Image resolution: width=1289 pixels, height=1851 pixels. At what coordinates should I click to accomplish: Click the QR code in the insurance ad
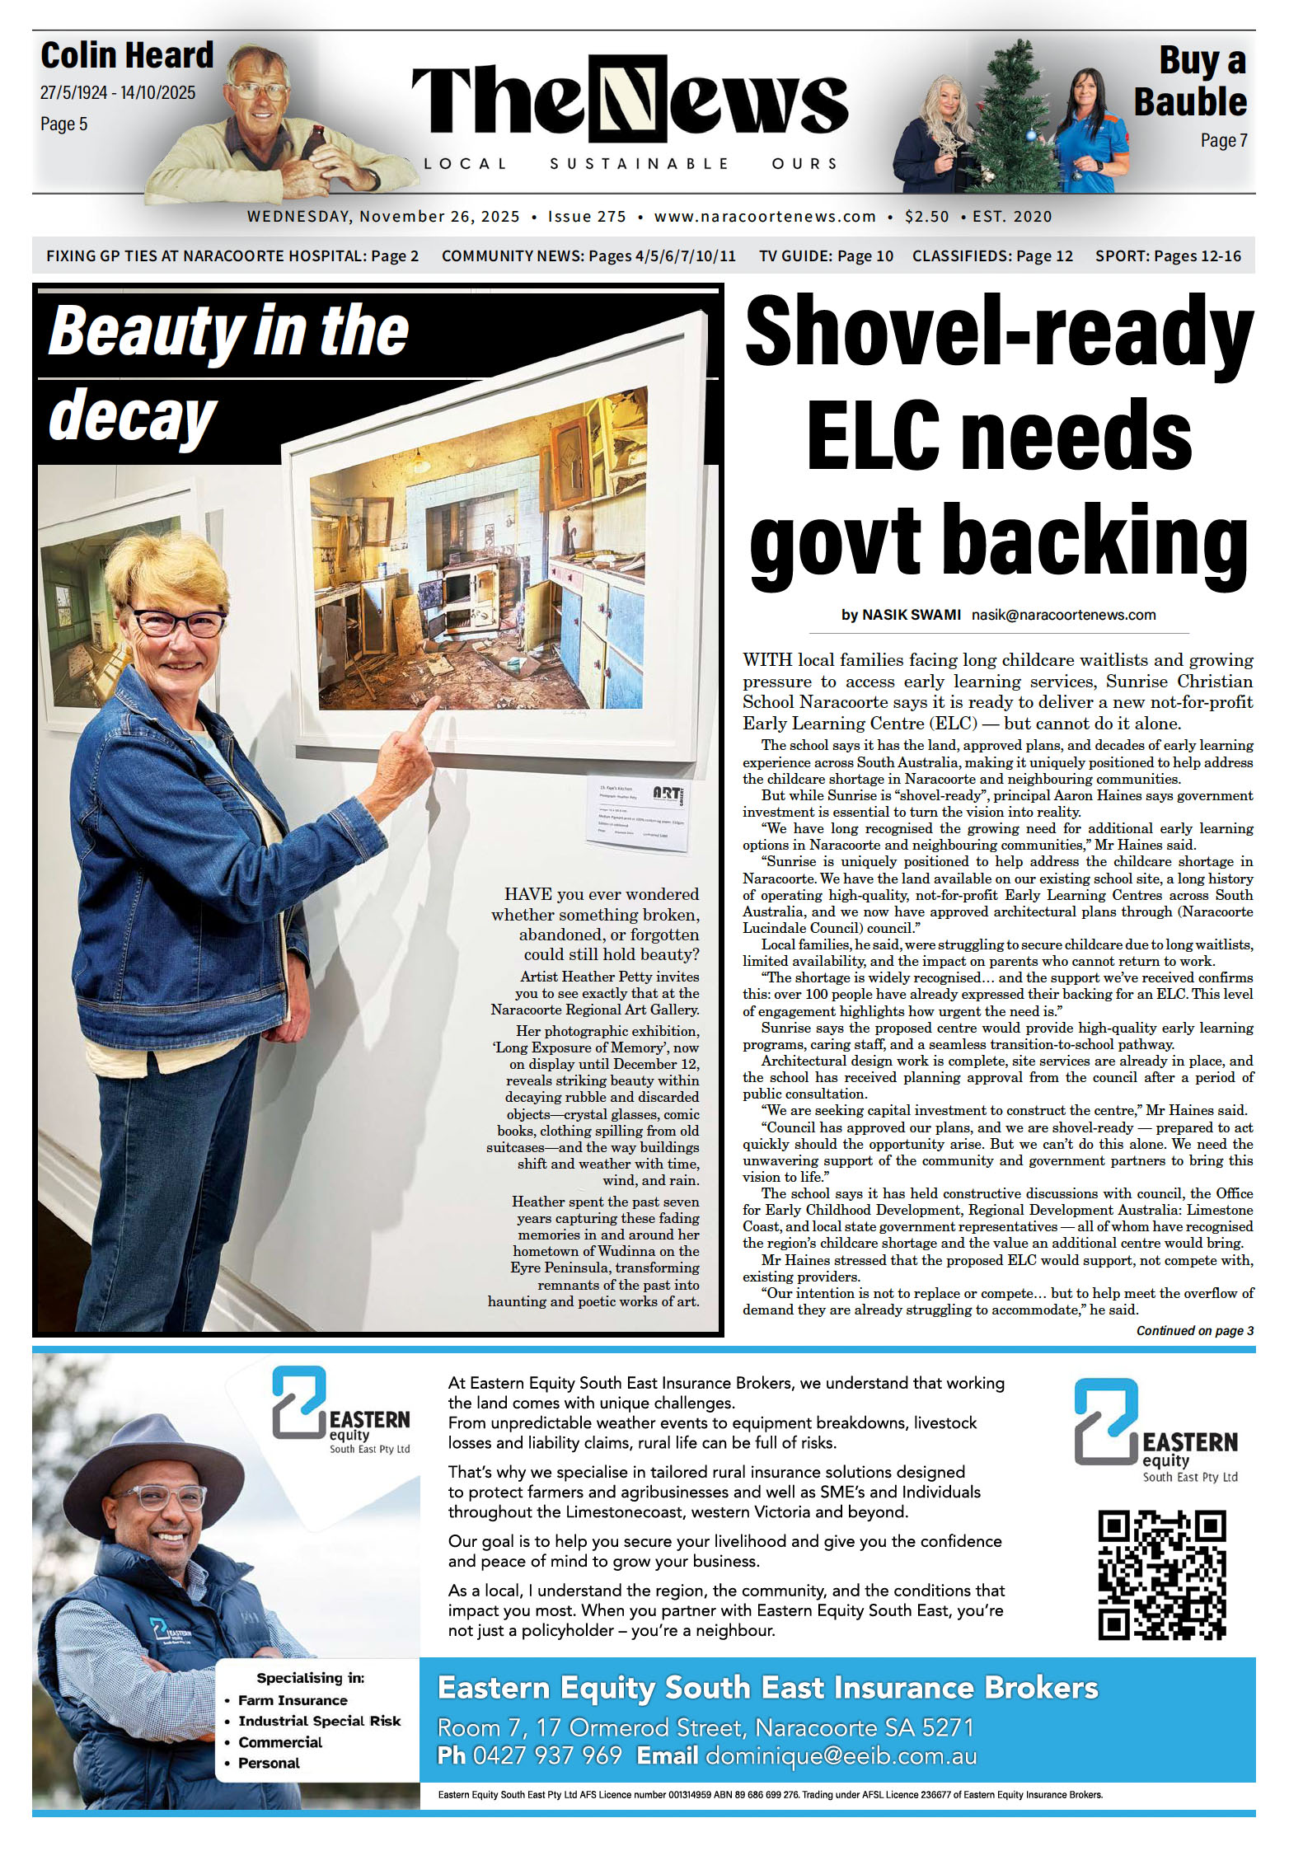coord(1161,1574)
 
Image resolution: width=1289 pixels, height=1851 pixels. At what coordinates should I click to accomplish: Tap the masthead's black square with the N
coord(627,98)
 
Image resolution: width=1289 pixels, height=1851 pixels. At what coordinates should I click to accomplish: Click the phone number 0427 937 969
coord(546,1755)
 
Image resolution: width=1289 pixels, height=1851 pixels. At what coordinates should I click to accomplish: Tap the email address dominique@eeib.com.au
coord(841,1755)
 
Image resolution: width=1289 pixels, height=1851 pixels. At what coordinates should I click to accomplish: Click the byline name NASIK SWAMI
coord(911,615)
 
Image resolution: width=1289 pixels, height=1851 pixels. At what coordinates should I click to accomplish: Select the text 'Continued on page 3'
coord(1194,1330)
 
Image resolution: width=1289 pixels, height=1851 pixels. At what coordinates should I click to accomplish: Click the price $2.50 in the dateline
coord(926,217)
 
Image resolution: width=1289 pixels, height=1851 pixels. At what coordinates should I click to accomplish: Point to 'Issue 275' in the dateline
coord(587,217)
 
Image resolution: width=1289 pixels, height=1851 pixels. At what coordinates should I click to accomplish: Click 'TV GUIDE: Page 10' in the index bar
coord(826,256)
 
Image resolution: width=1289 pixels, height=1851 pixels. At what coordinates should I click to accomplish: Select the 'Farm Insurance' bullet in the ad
coord(293,1700)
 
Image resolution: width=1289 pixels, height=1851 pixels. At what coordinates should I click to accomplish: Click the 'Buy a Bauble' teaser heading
coord(1190,82)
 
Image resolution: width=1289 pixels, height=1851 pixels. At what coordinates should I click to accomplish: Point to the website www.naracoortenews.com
coord(765,217)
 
